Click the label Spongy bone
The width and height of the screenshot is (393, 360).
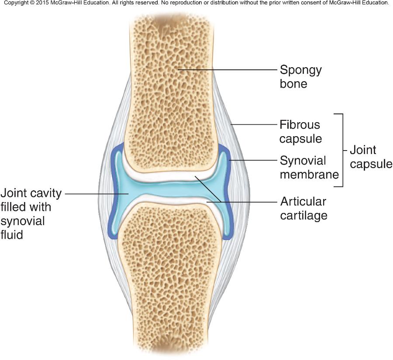point(300,76)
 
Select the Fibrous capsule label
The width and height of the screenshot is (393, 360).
point(300,131)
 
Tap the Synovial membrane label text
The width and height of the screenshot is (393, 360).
point(309,168)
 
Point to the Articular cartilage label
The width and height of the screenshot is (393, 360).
point(303,208)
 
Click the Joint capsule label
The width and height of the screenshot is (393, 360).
point(371,157)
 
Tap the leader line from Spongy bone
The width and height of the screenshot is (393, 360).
point(227,69)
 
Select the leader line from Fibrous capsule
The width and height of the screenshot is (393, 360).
point(253,125)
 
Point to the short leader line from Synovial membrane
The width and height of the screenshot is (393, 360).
point(253,161)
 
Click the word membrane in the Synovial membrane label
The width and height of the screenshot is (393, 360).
point(309,175)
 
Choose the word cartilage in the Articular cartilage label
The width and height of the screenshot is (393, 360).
point(303,215)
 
